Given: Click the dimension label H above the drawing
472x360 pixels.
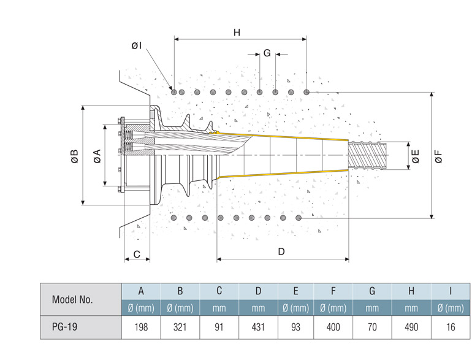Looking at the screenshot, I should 237,33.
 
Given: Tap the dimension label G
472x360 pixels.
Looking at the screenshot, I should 267,53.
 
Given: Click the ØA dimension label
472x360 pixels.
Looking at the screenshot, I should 97,156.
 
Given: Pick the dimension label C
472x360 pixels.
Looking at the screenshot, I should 137,253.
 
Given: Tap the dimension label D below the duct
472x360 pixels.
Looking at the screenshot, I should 281,251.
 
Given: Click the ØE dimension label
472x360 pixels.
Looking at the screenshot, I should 415,156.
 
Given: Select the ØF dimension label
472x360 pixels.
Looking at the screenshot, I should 438,156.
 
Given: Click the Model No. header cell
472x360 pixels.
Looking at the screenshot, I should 72,299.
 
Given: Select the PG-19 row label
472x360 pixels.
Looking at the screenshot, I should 64,327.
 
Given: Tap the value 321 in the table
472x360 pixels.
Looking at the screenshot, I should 180,327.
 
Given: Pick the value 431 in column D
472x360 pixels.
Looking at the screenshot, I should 258,327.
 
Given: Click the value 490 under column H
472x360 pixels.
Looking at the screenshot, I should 411,327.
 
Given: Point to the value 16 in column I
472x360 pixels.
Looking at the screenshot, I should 451,327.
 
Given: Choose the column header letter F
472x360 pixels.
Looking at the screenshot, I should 333,291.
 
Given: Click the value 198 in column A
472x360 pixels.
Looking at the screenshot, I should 141,327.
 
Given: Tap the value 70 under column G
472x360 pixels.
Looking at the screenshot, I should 372,327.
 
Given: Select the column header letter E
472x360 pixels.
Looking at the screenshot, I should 296,291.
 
